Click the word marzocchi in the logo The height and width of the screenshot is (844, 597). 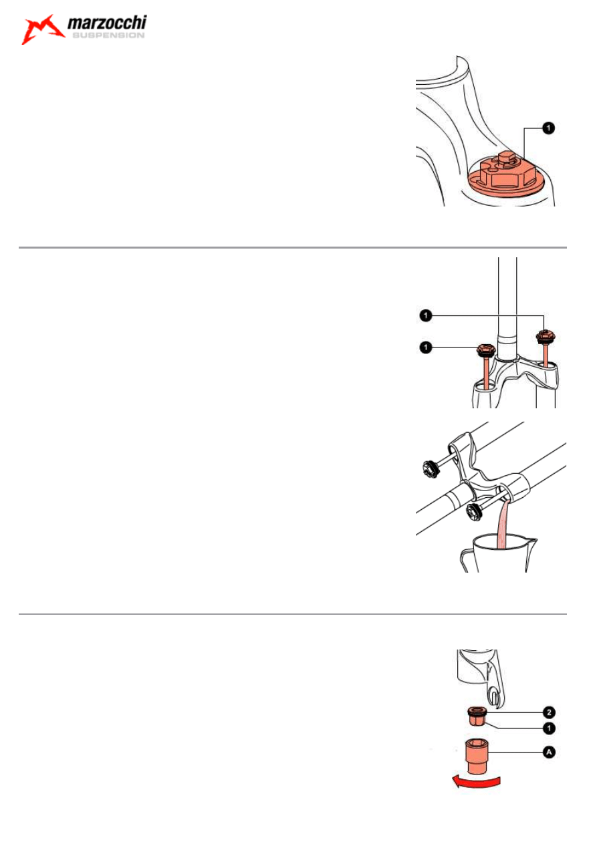coord(107,23)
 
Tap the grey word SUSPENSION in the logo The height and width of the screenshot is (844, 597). coord(108,35)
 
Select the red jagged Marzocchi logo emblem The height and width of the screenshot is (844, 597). coord(42,29)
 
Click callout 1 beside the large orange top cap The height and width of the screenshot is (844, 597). coord(548,128)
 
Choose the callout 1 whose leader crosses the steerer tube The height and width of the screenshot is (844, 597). coord(425,315)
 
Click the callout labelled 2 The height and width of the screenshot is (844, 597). coord(549,712)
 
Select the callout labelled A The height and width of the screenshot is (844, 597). coord(549,752)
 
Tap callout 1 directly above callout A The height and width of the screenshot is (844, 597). coord(549,728)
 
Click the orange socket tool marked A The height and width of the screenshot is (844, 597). coord(477,754)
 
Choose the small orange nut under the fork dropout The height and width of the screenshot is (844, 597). coord(477,716)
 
